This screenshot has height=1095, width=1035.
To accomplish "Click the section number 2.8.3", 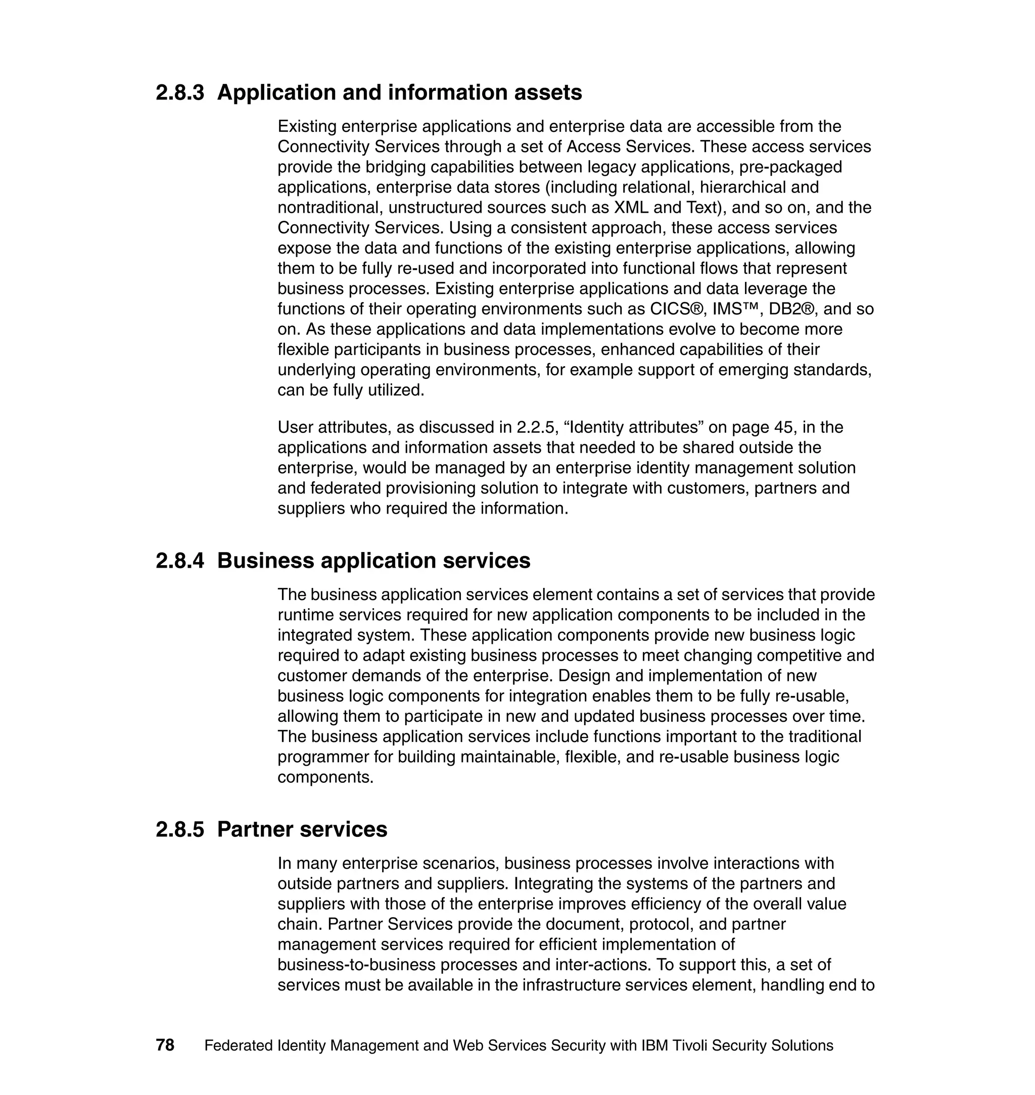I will click(x=179, y=92).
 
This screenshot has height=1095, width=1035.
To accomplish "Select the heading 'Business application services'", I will click(x=373, y=561).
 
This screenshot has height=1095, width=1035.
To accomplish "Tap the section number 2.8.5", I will click(x=179, y=830).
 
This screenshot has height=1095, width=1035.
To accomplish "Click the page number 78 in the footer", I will click(x=165, y=1046).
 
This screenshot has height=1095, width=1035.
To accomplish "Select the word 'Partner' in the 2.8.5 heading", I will click(x=255, y=830).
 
